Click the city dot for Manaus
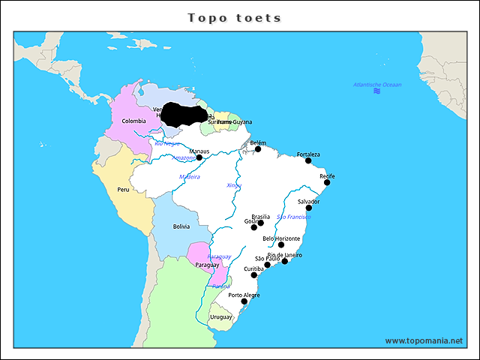(199, 157)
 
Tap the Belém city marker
(258, 148)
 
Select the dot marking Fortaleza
(308, 160)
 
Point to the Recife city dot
(327, 182)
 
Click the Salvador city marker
(308, 208)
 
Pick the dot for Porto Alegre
(244, 301)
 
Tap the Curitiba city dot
(253, 275)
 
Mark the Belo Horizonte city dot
(281, 244)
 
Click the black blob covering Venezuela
(184, 114)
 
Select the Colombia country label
(133, 121)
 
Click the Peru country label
(123, 190)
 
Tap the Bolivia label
(181, 226)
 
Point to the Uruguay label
(221, 317)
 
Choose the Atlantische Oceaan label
(377, 85)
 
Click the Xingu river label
(234, 184)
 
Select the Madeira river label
(189, 176)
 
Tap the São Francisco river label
(293, 217)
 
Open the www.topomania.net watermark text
(424, 340)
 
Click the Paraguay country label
(207, 265)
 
